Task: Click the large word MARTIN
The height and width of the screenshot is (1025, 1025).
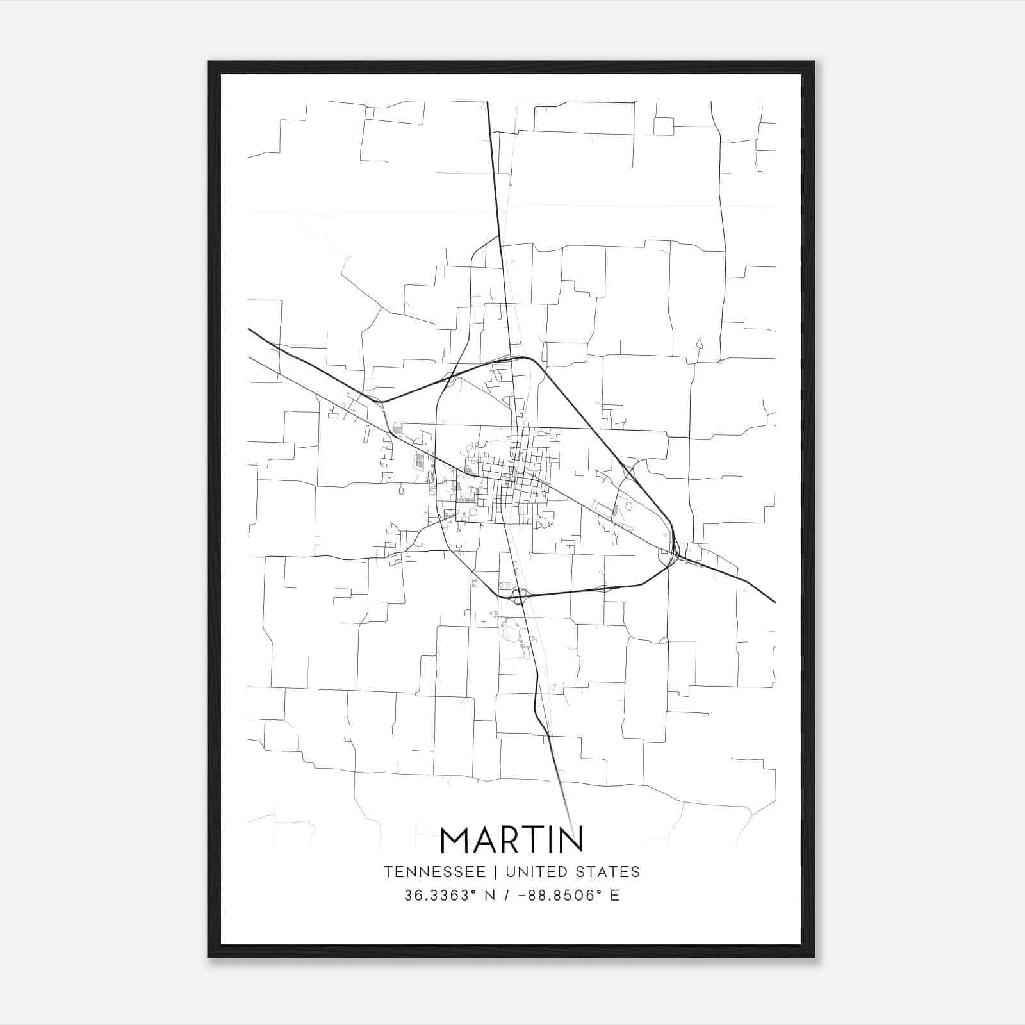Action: [512, 839]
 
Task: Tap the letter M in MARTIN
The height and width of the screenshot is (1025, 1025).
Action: [455, 839]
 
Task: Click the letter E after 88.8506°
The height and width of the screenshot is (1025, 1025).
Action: [615, 896]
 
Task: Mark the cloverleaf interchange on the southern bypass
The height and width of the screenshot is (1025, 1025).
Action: [519, 596]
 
